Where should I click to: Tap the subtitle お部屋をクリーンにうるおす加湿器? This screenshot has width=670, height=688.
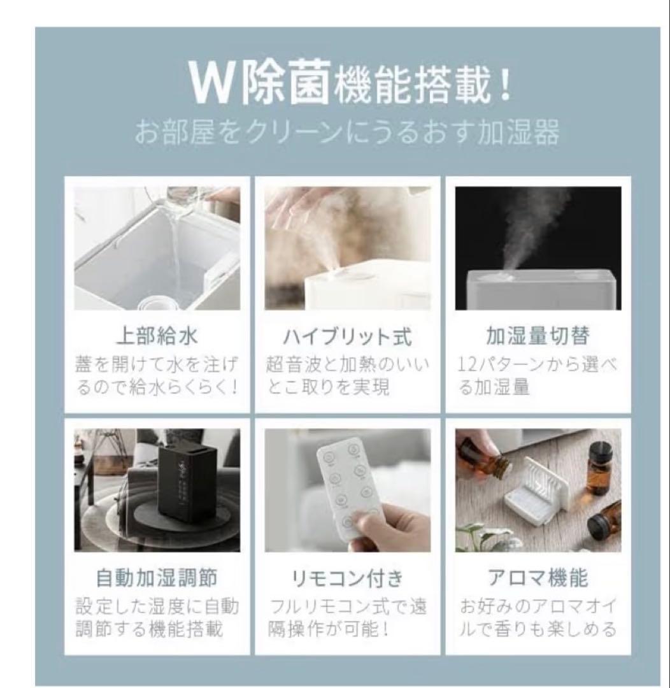tap(347, 134)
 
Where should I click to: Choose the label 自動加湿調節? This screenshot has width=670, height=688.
tap(157, 578)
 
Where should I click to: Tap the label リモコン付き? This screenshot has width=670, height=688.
tap(348, 578)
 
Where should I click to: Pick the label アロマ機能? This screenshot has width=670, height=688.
tap(538, 578)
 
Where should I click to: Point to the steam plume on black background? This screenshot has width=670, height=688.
tap(532, 229)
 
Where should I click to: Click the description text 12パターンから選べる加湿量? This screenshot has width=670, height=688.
tap(538, 376)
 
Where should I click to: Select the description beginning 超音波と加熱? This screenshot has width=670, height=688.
tap(348, 376)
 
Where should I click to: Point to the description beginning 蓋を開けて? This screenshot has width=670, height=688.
tap(157, 376)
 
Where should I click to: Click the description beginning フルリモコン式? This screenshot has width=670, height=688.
tap(348, 617)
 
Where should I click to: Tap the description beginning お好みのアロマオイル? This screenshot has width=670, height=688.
tap(538, 617)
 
